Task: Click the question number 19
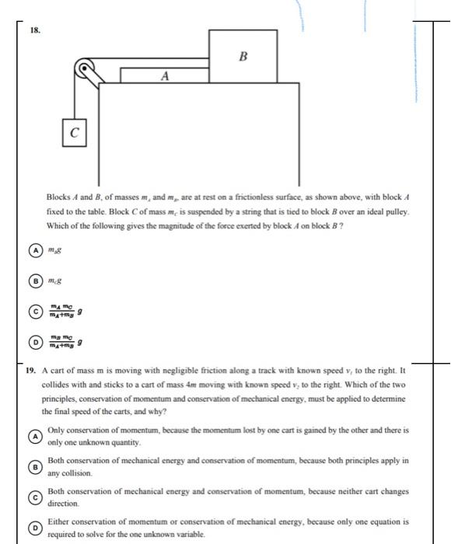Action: (x=29, y=371)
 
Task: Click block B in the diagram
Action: (x=242, y=55)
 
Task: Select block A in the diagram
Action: (x=164, y=75)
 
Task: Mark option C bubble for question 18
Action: (x=33, y=309)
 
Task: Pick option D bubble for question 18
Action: (x=33, y=340)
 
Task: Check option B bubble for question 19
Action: (x=33, y=466)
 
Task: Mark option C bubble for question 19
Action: (x=33, y=497)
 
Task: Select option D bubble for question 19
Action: (x=33, y=528)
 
